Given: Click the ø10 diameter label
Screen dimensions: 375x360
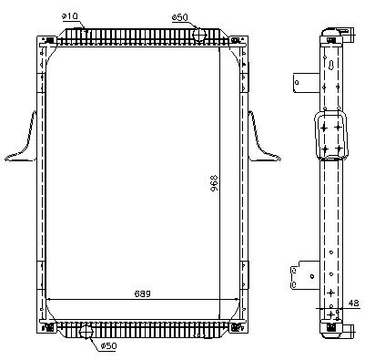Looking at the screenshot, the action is coord(69,16).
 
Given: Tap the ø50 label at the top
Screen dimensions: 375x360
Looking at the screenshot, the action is coord(180,17).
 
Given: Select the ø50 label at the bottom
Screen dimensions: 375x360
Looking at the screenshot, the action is coord(108,345).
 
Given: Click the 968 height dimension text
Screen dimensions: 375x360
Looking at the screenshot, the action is coord(214,184).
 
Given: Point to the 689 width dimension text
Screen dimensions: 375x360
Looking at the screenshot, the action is coord(143,293).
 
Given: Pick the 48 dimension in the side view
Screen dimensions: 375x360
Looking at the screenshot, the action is coord(353,303).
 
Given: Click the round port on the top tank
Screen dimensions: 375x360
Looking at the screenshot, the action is coord(199,34).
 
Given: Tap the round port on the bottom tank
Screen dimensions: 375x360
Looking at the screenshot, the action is coord(86,332).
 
